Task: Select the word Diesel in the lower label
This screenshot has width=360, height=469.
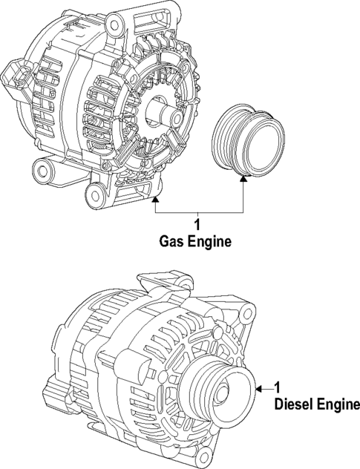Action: coord(292,405)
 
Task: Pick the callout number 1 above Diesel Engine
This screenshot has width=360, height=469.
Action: coord(277,387)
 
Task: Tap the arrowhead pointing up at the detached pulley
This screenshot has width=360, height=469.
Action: coord(244,179)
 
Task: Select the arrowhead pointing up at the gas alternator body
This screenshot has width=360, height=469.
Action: coord(155,199)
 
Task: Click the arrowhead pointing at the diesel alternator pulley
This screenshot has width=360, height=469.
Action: coord(257,387)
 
